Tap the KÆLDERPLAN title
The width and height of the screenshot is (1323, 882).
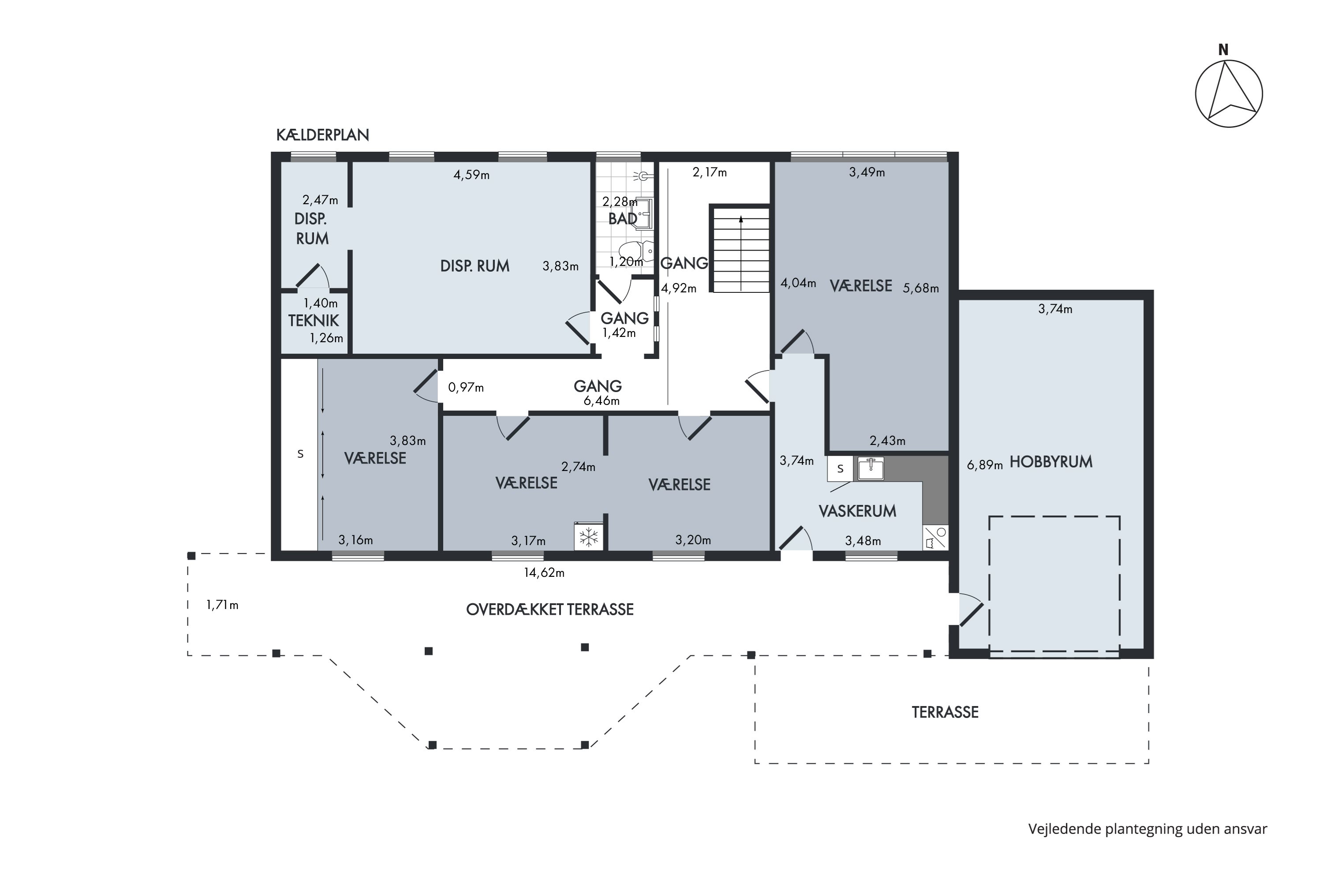pyautogui.click(x=322, y=135)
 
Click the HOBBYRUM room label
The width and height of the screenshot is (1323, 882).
pyautogui.click(x=1051, y=462)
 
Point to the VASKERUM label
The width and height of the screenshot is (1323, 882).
pyautogui.click(x=857, y=511)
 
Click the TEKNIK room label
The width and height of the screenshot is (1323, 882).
pyautogui.click(x=313, y=321)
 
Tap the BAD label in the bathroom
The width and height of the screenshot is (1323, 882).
pyautogui.click(x=623, y=219)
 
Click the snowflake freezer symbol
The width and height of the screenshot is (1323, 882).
pyautogui.click(x=589, y=537)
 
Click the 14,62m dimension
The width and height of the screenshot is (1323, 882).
pyautogui.click(x=544, y=572)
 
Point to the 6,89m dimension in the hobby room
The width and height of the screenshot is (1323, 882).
pyautogui.click(x=984, y=465)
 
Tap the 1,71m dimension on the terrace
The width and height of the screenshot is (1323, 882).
pyautogui.click(x=222, y=605)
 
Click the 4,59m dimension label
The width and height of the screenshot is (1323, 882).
pyautogui.click(x=471, y=175)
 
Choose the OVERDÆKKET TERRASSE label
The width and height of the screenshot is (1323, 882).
pyautogui.click(x=549, y=610)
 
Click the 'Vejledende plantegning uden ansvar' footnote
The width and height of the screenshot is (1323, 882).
pyautogui.click(x=1147, y=829)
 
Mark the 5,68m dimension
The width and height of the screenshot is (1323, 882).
pyautogui.click(x=921, y=288)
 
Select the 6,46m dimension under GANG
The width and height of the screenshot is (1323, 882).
pyautogui.click(x=602, y=401)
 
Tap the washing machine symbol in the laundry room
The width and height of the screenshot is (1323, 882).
pyautogui.click(x=935, y=538)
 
